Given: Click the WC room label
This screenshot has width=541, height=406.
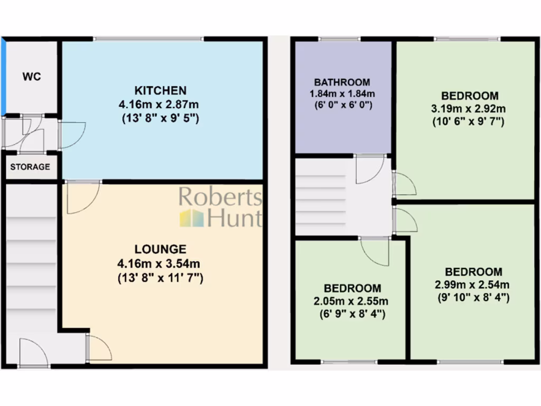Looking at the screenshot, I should tap(32, 77).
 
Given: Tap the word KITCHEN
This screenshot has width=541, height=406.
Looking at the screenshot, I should tap(160, 90).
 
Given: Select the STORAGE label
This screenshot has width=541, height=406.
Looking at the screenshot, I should tap(30, 167).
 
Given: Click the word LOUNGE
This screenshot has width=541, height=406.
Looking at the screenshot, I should tap(160, 249).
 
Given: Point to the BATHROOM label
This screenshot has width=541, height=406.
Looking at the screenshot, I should tap(342, 82).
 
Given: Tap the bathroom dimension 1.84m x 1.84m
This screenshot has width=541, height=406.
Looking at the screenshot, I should tap(342, 94).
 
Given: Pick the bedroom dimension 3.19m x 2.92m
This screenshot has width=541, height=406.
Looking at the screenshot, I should tap(470, 109).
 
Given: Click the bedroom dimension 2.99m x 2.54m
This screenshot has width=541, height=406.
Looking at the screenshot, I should tap(473, 285).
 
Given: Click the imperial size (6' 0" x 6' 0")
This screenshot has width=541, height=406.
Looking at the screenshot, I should tap(342, 105).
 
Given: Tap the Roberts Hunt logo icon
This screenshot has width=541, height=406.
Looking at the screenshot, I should tap(191, 218).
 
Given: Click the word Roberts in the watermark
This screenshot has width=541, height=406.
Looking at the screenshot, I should tap(220, 197).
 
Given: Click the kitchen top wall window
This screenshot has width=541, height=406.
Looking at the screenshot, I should tap(148, 39).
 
